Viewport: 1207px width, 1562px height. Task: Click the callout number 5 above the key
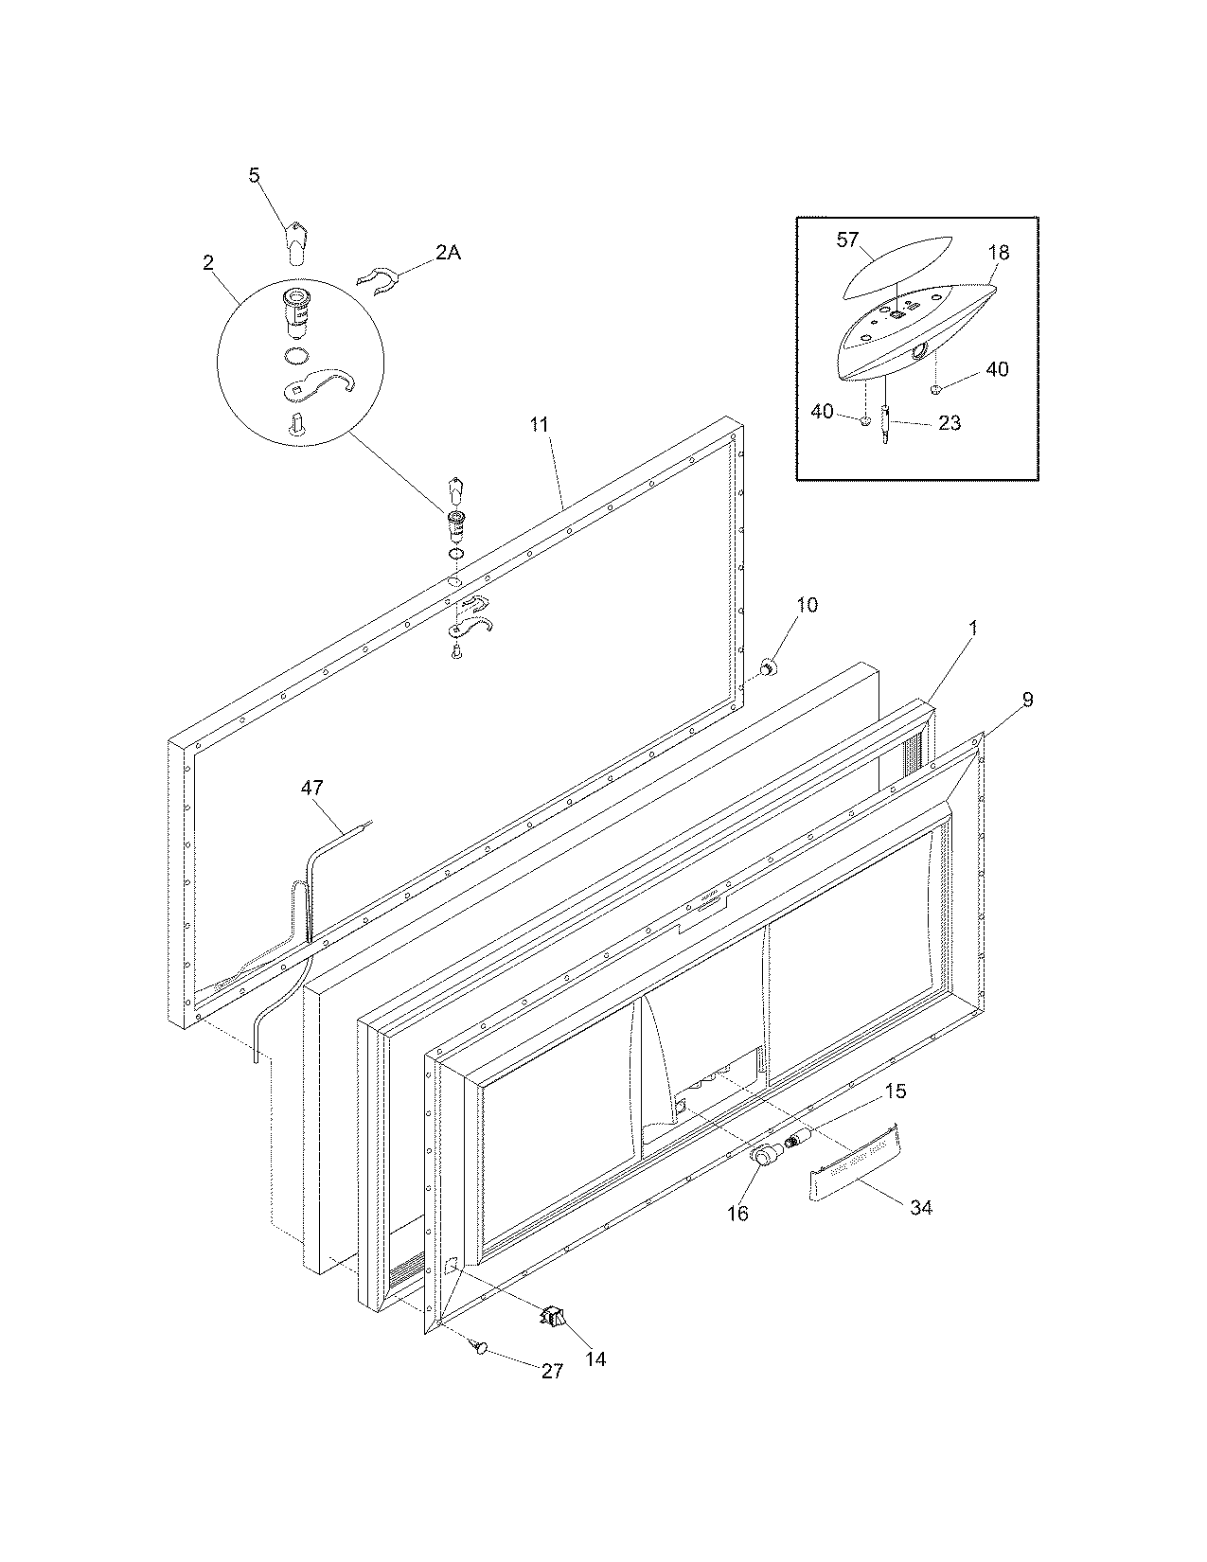(x=254, y=175)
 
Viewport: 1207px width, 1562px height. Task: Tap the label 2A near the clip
(x=448, y=253)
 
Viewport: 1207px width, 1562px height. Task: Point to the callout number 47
(x=312, y=787)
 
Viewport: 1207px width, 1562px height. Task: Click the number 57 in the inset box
(x=848, y=240)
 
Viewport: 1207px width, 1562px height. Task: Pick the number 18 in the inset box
(x=998, y=253)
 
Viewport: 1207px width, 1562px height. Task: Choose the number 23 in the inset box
(x=949, y=423)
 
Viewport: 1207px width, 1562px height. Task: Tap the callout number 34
(x=920, y=1207)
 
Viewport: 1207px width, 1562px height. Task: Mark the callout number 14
(x=595, y=1358)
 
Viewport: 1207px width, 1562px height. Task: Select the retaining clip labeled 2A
(x=375, y=280)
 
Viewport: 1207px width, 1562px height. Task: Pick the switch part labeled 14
(x=552, y=1315)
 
